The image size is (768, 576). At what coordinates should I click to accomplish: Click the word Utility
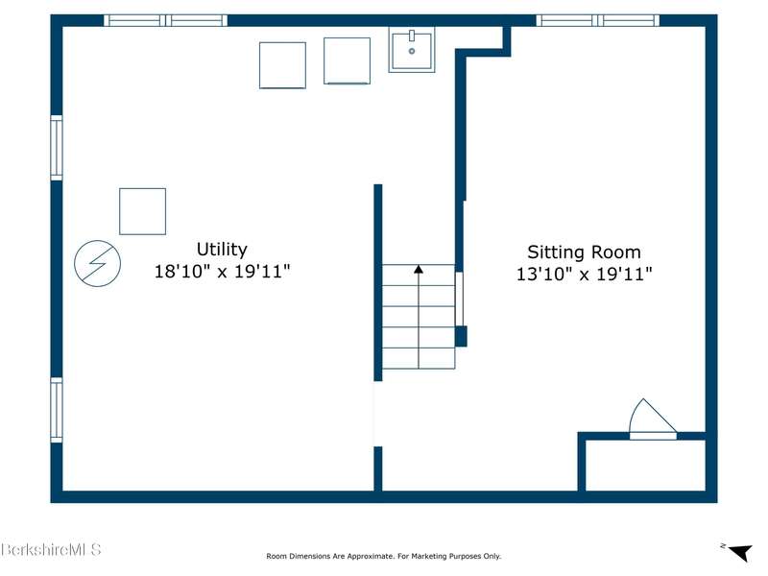point(222,250)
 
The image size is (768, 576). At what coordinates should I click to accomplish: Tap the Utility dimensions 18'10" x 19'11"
point(223,271)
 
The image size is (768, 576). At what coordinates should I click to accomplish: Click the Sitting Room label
point(584,252)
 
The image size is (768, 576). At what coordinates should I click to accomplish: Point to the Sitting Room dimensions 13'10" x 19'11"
point(585,274)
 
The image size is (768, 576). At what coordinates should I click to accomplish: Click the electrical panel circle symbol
point(98,263)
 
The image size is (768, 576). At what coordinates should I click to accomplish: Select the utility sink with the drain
point(412,50)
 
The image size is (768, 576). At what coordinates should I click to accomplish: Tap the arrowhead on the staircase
point(419,269)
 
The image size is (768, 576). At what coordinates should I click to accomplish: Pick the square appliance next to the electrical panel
point(142,211)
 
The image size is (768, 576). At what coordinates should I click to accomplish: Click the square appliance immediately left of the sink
point(347,60)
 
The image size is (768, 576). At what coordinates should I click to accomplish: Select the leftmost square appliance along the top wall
point(282,65)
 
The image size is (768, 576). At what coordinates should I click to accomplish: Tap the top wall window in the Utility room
point(165,20)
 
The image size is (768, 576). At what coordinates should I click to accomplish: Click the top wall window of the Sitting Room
point(597,20)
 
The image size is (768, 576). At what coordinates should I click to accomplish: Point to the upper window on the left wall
point(57,148)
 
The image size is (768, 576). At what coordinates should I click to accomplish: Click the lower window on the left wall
point(57,410)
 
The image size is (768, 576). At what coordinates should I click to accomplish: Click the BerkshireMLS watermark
point(51,549)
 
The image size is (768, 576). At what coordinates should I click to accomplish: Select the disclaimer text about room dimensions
point(383,556)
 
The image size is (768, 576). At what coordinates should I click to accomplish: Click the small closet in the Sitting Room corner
point(645,465)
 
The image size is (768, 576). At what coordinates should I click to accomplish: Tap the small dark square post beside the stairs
point(461,337)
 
